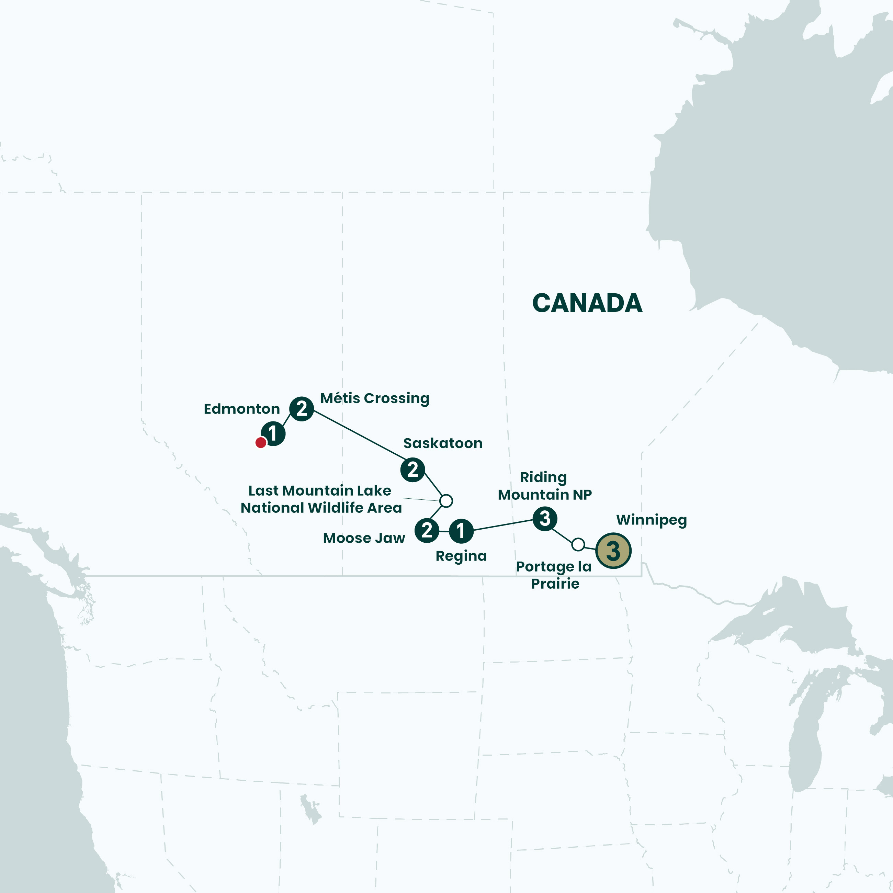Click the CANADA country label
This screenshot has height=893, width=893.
(587, 303)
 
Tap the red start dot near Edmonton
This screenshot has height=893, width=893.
(261, 443)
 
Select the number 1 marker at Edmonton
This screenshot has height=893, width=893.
(273, 433)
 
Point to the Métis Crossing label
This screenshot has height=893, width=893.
(374, 398)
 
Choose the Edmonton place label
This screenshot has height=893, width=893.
(242, 409)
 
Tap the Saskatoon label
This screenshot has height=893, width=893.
(443, 443)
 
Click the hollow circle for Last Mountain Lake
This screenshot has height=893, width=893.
(446, 500)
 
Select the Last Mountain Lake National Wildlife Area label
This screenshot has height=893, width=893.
(321, 499)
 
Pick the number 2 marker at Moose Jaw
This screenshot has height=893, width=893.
(427, 530)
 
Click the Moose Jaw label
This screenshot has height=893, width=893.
(364, 538)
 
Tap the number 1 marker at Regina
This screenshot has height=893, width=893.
(461, 531)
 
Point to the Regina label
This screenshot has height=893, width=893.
(461, 556)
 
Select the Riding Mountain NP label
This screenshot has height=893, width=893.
(544, 486)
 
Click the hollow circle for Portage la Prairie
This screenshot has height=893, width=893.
(578, 544)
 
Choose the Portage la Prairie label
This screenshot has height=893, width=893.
(554, 575)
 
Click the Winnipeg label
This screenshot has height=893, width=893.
(651, 520)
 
